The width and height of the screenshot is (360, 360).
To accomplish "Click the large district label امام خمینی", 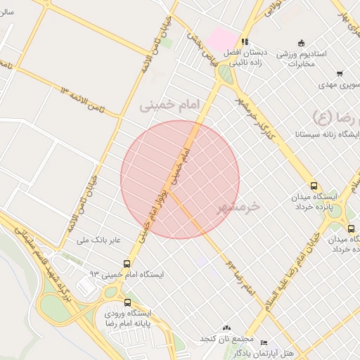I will coord(169,104).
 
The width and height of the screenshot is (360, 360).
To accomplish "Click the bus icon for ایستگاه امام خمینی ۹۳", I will coord(127,264).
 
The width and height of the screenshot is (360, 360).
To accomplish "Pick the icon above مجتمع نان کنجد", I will coord(226,328).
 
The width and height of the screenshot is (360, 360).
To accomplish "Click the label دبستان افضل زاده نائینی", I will coord(244,58).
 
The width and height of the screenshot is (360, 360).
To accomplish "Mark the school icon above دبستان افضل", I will coord(244,41).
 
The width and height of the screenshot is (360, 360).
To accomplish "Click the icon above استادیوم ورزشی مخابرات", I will coord(302,42).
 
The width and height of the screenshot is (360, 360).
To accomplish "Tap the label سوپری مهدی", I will coord(341,84).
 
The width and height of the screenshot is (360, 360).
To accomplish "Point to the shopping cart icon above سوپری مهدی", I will coord(340,73).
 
